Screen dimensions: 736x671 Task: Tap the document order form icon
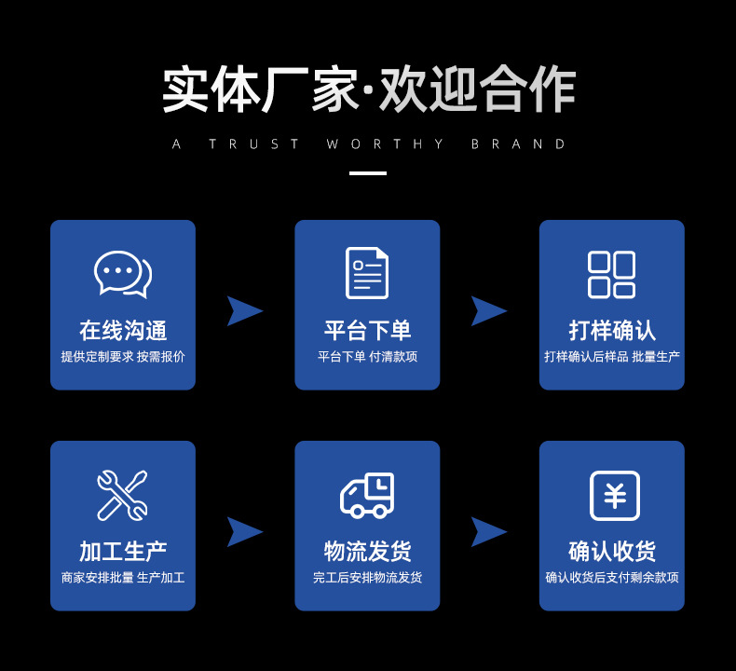tap(367, 273)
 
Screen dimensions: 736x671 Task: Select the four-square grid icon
tap(611, 274)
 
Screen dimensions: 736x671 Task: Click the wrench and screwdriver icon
tap(122, 495)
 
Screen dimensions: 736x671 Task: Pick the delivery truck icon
tap(367, 495)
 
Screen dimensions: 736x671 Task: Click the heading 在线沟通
tap(123, 331)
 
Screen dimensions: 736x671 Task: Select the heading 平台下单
tap(367, 331)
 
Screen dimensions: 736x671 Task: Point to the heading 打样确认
tap(612, 331)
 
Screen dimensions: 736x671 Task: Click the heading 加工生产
tap(123, 552)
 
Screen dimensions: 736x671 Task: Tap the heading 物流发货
tap(367, 552)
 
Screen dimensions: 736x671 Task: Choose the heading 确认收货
tap(612, 552)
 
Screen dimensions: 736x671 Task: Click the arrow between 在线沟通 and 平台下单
tap(244, 310)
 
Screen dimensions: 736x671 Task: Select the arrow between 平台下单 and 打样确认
tap(488, 310)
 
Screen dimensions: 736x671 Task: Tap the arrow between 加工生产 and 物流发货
tap(244, 531)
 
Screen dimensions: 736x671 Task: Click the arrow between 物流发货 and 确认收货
tap(488, 531)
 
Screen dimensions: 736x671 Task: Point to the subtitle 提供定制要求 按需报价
tap(123, 357)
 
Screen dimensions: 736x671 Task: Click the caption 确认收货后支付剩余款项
tap(612, 578)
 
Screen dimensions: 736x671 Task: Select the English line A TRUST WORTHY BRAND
tap(369, 144)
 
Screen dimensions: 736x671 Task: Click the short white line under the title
tap(367, 173)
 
